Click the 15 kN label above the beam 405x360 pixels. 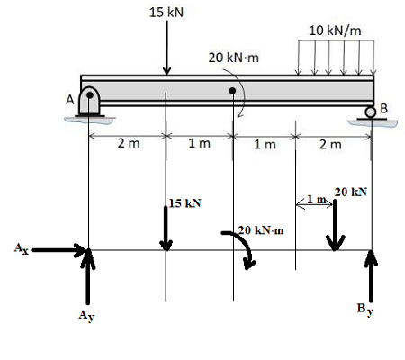coord(166,13)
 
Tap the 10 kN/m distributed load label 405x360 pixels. coord(335,31)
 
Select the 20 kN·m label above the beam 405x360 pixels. coord(234,58)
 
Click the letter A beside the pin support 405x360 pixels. coord(70,100)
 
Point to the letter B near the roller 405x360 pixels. coord(383,108)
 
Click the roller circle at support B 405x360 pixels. coord(371,112)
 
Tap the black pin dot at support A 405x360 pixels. coord(90,95)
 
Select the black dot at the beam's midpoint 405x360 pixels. coord(232,90)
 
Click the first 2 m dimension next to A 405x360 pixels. coord(129,143)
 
